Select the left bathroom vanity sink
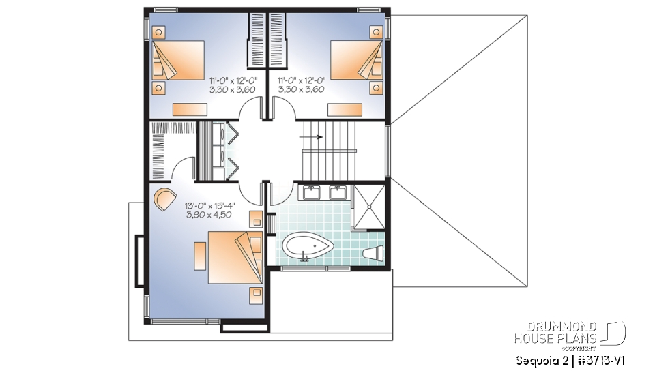306,192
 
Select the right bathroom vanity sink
338,192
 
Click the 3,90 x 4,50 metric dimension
209,214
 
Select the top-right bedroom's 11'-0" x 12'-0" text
301,80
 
